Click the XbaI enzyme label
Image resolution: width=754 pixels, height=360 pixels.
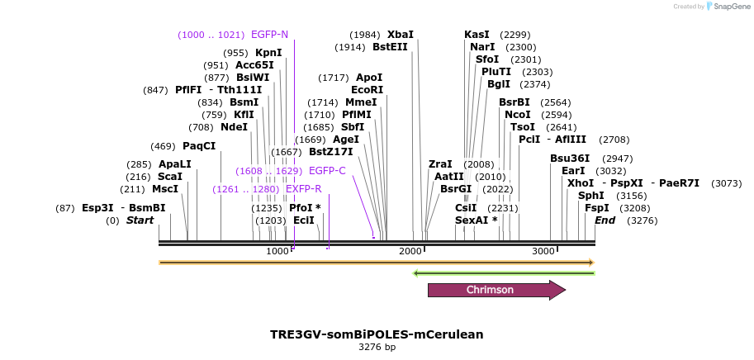(x=401, y=35)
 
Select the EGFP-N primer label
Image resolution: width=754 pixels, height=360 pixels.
(x=269, y=35)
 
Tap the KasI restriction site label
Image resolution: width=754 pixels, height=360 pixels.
(x=477, y=35)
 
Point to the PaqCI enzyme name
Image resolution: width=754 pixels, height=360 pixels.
(x=199, y=146)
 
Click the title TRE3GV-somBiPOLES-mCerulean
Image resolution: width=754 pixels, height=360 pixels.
(x=377, y=334)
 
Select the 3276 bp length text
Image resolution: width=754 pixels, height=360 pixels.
(x=377, y=348)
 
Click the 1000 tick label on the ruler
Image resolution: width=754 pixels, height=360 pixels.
(x=278, y=251)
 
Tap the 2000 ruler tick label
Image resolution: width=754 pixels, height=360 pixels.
(x=410, y=251)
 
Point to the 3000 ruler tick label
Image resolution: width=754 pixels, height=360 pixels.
(x=543, y=251)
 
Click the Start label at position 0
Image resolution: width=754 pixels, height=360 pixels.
(x=140, y=220)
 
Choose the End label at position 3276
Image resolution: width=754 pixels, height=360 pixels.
(x=605, y=220)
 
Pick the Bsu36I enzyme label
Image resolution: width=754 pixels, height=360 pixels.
(x=569, y=159)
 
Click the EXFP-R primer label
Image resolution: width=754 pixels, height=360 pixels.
(x=304, y=189)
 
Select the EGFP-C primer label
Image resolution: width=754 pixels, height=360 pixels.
(x=327, y=171)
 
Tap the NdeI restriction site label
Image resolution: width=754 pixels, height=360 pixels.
(x=234, y=127)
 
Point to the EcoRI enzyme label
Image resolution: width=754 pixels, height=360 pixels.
(x=368, y=89)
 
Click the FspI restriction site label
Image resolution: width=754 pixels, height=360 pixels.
(x=597, y=208)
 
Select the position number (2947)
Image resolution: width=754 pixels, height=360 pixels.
(x=616, y=159)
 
